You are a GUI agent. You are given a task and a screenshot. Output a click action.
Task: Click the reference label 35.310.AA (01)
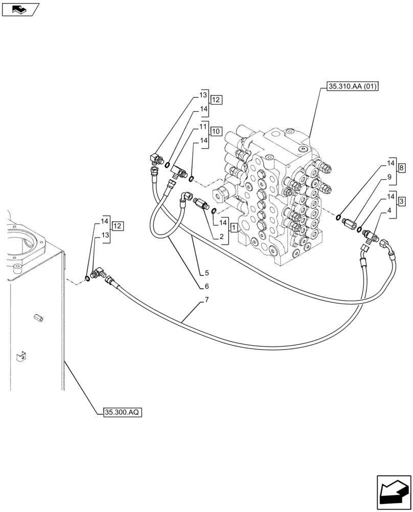351,87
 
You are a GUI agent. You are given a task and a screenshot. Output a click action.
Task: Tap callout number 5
207,272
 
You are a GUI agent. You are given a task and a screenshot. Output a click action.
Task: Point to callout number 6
207,286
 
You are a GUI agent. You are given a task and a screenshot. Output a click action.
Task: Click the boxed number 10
216,132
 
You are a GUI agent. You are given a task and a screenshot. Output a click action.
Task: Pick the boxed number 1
233,227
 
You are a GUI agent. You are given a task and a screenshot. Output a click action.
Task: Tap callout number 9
389,177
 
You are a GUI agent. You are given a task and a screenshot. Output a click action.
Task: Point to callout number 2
222,236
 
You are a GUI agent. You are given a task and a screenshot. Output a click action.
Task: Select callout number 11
203,126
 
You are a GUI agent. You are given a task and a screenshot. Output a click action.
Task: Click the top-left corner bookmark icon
20,8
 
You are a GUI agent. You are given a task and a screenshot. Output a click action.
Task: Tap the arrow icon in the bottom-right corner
394,494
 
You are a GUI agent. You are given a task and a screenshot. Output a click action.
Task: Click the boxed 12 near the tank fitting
118,226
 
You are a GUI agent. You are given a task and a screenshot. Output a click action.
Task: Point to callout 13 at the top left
203,96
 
